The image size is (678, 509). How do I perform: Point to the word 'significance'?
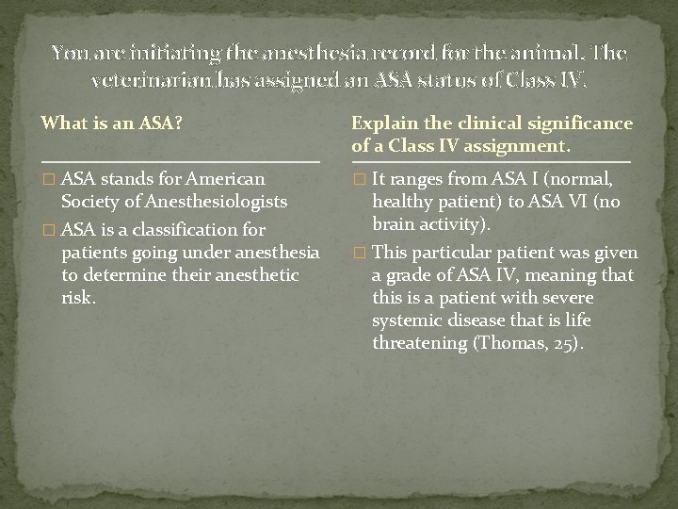[559, 124]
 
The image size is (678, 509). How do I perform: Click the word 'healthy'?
[401, 200]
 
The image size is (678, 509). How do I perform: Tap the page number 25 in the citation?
[559, 343]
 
